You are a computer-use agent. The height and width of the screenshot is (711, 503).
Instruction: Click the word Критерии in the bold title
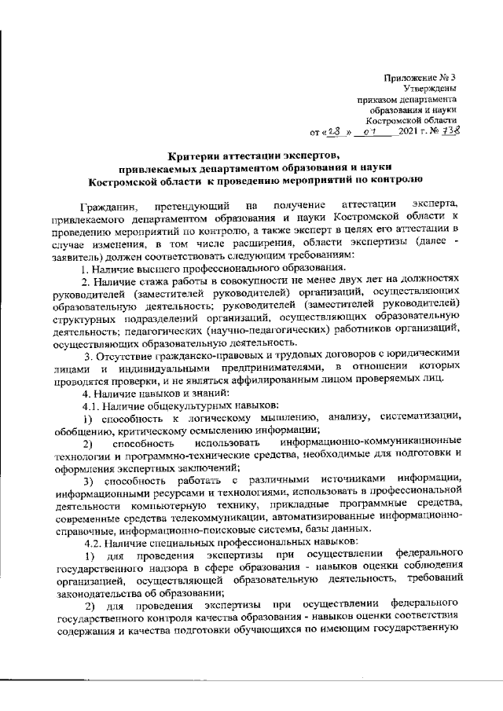195,154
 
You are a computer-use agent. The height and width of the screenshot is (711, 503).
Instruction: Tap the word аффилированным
314,379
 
